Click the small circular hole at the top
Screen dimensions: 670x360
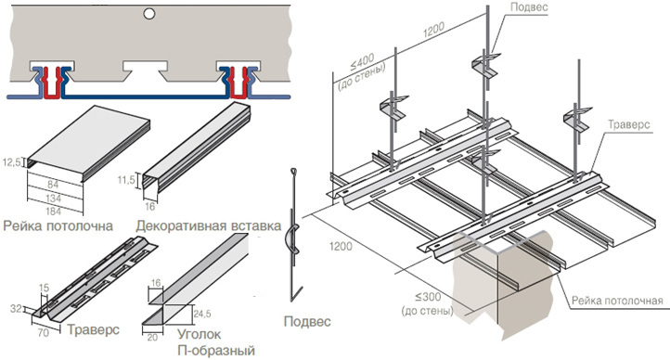[x=149, y=14]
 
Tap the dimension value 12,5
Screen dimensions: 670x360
[x=11, y=162]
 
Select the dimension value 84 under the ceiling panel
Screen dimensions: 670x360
[x=54, y=185]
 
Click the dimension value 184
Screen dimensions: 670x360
[x=54, y=211]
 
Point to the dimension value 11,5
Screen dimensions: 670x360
[x=126, y=180]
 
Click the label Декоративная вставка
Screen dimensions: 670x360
[x=209, y=225]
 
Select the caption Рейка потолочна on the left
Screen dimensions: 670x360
[x=58, y=225]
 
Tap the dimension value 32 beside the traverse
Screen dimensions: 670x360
[x=16, y=308]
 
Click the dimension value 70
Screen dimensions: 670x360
[x=44, y=332]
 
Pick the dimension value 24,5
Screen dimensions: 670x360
[x=202, y=314]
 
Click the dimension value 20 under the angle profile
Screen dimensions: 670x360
[x=152, y=338]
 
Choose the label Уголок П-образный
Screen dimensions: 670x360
[x=216, y=342]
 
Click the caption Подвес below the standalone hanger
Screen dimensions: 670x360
[x=307, y=321]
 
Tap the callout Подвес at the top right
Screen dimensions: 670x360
[x=529, y=7]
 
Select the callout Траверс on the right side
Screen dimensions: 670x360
[x=629, y=124]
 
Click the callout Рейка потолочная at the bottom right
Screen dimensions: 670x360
[x=617, y=301]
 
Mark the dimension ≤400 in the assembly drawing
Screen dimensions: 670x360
[x=362, y=63]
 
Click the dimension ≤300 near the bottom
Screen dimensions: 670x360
[x=427, y=297]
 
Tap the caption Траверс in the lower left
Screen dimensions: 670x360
[x=93, y=329]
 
